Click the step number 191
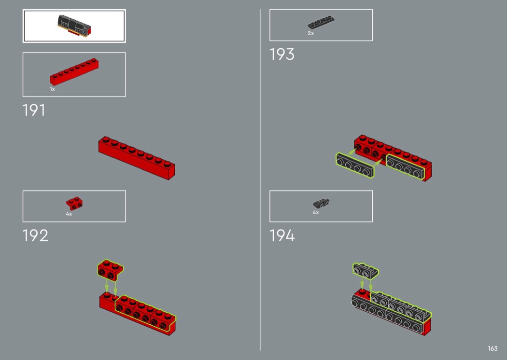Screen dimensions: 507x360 (x=34, y=110)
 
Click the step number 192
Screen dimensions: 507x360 (x=35, y=235)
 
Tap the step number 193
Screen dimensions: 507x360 (x=282, y=55)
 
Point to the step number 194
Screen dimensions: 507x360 (x=282, y=235)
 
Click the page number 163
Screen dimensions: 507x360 (x=493, y=348)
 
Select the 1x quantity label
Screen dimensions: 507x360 (x=52, y=89)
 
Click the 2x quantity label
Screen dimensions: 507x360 (x=311, y=33)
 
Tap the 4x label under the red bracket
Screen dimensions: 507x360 (x=69, y=214)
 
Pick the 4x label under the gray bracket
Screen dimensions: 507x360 (x=316, y=212)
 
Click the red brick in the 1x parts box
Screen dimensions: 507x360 (x=74, y=72)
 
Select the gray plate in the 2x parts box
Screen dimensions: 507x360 (x=321, y=22)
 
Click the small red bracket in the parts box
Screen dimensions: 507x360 (x=74, y=204)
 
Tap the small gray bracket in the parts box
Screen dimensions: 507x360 (x=321, y=203)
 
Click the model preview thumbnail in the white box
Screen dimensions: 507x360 (x=74, y=26)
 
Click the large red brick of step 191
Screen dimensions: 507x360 (x=137, y=158)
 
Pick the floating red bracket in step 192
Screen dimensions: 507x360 (x=110, y=270)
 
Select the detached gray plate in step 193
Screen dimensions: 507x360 (x=355, y=165)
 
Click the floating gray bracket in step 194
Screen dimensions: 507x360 (x=366, y=271)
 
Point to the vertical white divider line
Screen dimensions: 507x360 (x=260, y=180)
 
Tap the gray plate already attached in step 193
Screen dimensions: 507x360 (x=405, y=167)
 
